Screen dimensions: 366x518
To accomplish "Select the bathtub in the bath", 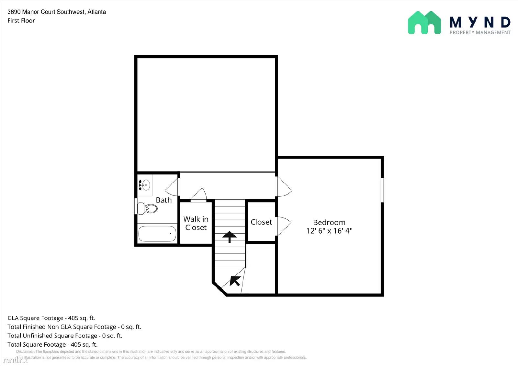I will (x=157, y=234).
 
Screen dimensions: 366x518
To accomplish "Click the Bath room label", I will (x=163, y=200).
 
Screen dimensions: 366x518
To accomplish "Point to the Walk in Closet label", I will (x=196, y=223).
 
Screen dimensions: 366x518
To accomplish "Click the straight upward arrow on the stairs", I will (x=230, y=237).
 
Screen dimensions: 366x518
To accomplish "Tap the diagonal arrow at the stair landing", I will (x=235, y=281).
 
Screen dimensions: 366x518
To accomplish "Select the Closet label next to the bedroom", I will (x=261, y=222).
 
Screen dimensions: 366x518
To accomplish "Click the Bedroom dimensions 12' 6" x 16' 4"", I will (x=329, y=231).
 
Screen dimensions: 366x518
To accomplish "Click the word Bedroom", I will (x=329, y=222).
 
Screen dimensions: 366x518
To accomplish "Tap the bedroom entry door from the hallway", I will (x=284, y=186).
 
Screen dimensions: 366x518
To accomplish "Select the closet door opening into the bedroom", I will (x=283, y=226).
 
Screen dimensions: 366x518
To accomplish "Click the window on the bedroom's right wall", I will (x=382, y=190).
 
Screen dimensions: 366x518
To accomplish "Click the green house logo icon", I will (x=424, y=23).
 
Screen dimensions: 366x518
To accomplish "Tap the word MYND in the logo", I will (x=480, y=22).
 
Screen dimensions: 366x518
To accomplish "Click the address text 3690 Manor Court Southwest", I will (x=57, y=12).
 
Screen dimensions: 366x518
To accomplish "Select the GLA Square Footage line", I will (x=51, y=318).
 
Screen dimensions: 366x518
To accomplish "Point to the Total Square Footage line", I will (x=52, y=344).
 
